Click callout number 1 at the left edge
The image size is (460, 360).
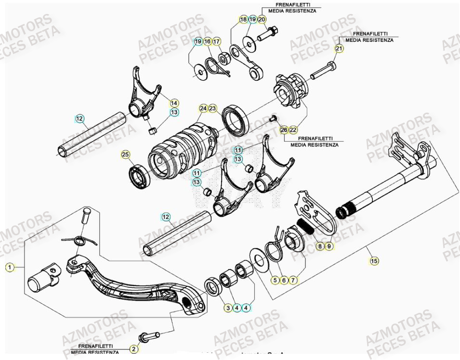[9, 268]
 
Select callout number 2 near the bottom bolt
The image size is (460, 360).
[134, 349]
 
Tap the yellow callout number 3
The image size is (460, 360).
[227, 308]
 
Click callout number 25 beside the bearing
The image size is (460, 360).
[125, 154]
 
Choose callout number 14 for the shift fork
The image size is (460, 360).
[174, 103]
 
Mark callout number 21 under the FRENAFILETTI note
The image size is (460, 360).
[339, 49]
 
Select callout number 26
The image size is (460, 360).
[283, 130]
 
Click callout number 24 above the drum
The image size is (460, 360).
[204, 109]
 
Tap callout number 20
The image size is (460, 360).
[262, 19]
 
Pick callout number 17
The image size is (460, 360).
[216, 42]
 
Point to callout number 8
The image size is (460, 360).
[320, 246]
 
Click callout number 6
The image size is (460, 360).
[284, 280]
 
